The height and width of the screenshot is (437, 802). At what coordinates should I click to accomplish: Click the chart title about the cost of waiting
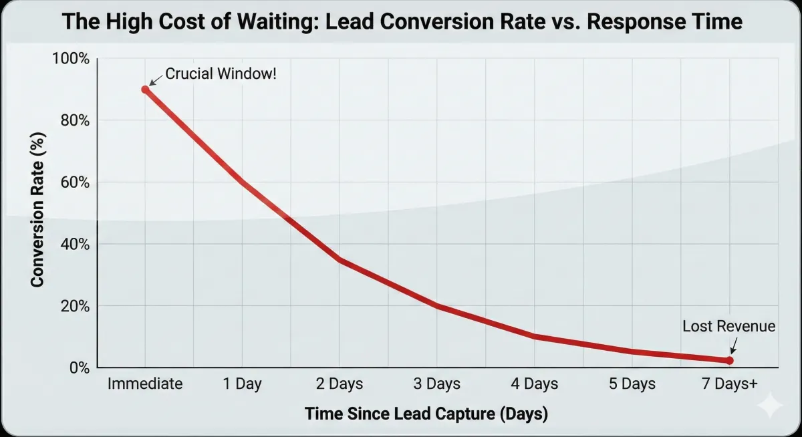[402, 21]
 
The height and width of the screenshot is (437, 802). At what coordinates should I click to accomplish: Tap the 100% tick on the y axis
[70, 59]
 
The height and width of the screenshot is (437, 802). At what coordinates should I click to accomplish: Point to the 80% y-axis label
[73, 121]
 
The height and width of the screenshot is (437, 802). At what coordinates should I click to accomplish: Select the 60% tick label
[73, 182]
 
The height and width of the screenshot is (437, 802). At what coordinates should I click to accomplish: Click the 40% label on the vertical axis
[73, 245]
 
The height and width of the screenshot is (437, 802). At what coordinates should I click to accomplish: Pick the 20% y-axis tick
[73, 306]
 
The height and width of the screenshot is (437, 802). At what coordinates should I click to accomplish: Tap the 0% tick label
[78, 368]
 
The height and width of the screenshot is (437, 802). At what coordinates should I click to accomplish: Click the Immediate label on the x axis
[145, 384]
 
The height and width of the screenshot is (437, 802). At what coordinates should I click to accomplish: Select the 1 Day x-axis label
[242, 384]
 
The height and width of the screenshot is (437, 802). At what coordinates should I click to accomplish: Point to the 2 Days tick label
[339, 384]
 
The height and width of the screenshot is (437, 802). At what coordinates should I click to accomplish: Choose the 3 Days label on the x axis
[436, 384]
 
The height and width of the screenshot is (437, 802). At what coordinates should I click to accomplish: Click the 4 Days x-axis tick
[534, 384]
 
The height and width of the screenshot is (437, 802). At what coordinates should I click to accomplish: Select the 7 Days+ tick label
[728, 384]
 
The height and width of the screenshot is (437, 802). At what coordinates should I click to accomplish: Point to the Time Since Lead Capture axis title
[426, 414]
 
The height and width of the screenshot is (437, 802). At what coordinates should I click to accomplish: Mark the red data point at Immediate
[145, 90]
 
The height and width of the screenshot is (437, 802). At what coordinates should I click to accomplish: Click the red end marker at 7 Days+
[729, 360]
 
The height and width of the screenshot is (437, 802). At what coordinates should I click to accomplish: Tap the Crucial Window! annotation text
[220, 74]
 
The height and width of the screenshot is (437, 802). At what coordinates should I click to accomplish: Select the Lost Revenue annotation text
[728, 326]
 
